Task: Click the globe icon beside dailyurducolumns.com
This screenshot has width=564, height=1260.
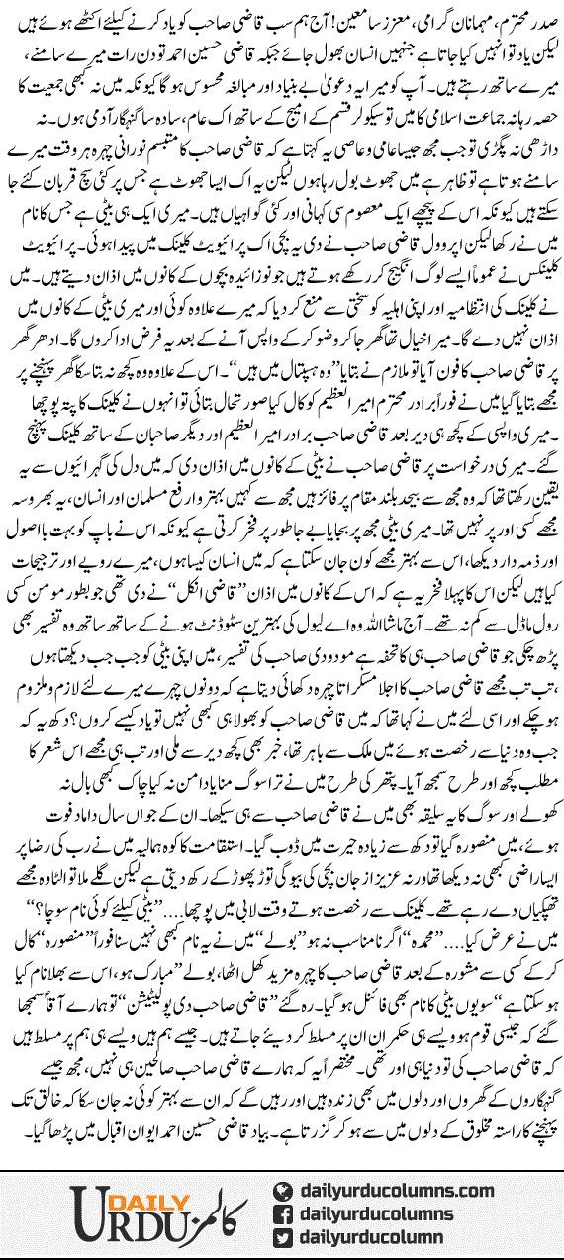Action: [283, 1188]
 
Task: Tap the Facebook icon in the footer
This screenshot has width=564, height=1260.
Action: [283, 1212]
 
